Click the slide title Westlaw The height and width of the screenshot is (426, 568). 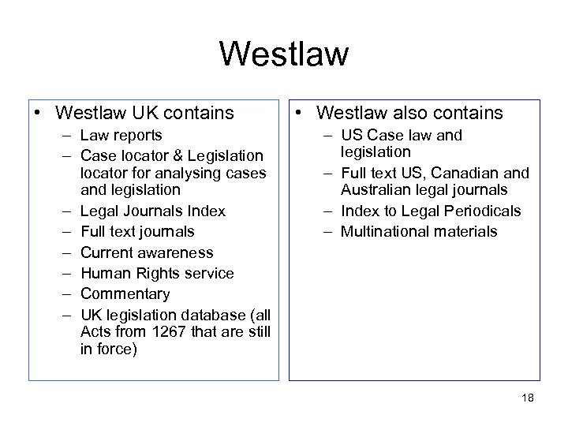coord(284,54)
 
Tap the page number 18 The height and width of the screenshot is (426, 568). coord(527,398)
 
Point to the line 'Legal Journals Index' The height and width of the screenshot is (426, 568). coord(152,211)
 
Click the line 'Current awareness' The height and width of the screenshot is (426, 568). coord(147,252)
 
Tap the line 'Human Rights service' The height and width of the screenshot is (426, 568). coord(157,273)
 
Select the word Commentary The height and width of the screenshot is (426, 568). coord(125,293)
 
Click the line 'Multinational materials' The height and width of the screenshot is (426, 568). coord(419,231)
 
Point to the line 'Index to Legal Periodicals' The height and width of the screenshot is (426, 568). coord(431,211)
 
